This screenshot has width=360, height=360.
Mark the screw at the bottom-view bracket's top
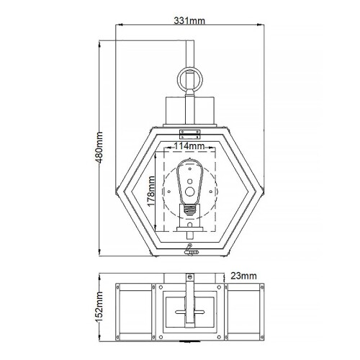(190, 276)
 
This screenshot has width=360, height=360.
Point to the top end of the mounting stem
(190, 42)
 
